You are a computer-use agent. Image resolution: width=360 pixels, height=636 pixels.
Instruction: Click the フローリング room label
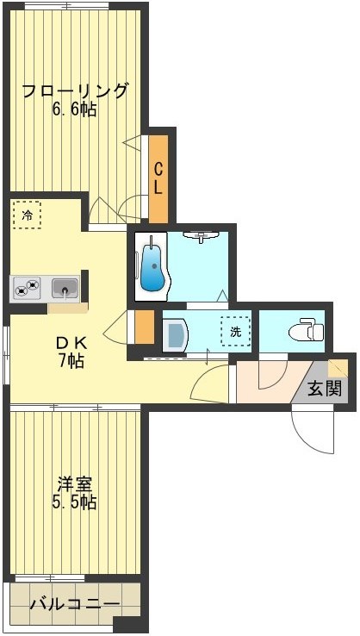(75, 90)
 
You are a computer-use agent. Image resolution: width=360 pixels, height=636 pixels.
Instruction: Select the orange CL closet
(158, 178)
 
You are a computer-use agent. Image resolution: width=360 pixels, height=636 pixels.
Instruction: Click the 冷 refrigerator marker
(27, 215)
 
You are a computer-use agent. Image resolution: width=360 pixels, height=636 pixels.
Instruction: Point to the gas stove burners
(27, 287)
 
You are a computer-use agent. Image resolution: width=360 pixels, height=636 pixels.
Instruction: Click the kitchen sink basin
(65, 287)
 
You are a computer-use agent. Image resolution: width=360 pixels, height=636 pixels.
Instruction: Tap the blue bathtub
(151, 268)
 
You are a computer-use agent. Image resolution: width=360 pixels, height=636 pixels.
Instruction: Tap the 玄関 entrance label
(326, 388)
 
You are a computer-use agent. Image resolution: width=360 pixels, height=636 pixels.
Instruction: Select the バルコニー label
(74, 603)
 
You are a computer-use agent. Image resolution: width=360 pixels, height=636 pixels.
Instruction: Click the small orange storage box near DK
(145, 327)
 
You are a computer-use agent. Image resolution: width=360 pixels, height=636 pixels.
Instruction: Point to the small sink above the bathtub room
(203, 234)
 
